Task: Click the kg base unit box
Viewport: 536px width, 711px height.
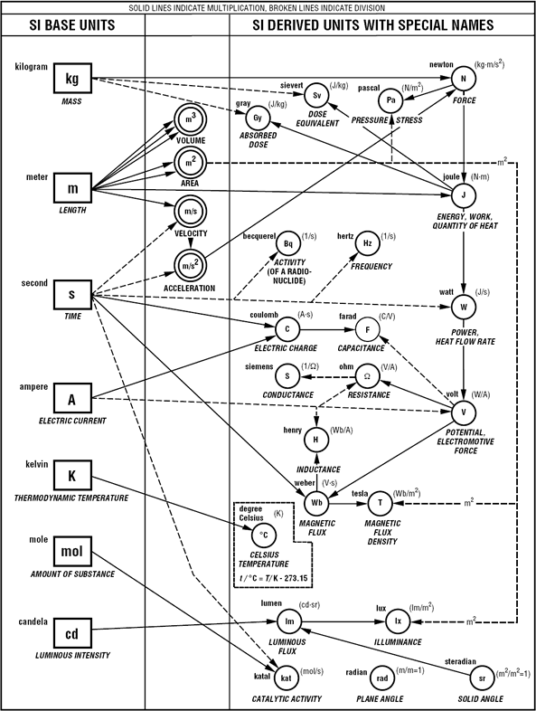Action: coord(72,79)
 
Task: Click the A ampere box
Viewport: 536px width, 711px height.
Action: coord(72,397)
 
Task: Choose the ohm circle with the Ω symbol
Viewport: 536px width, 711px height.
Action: coord(366,375)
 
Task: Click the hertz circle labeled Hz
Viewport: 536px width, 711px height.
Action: coord(366,244)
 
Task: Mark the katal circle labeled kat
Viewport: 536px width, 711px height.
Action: coord(285,677)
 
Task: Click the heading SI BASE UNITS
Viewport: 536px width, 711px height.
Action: coord(72,26)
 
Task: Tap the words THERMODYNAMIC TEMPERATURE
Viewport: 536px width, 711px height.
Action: coord(72,498)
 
